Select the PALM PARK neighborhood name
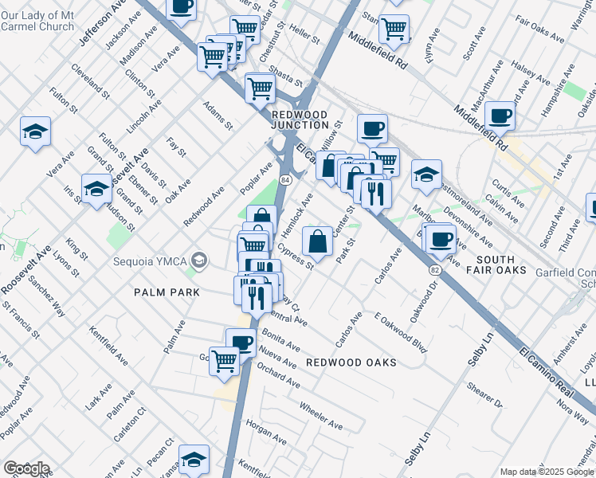point(168,292)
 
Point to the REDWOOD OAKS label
point(351,362)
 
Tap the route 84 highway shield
point(284,181)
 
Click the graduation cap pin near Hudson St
point(96,189)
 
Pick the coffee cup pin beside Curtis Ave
point(500,116)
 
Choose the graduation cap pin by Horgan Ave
point(193,459)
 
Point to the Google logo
point(25,468)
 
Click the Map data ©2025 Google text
point(547,472)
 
